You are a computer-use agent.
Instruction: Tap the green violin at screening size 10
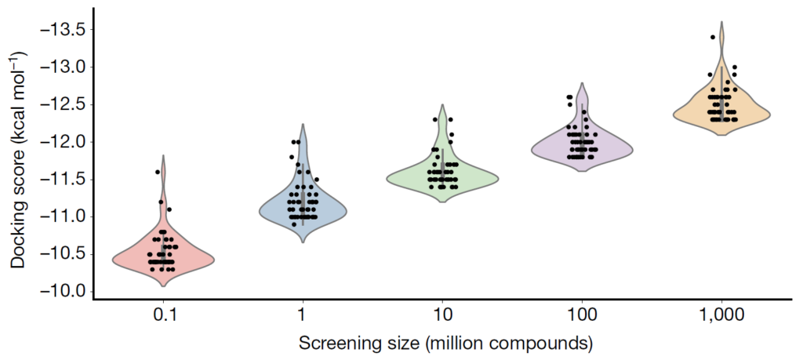click(471, 178)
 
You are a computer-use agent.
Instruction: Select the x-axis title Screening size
click(444, 344)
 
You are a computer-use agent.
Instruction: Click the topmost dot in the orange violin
click(713, 37)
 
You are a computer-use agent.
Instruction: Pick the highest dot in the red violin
click(158, 172)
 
